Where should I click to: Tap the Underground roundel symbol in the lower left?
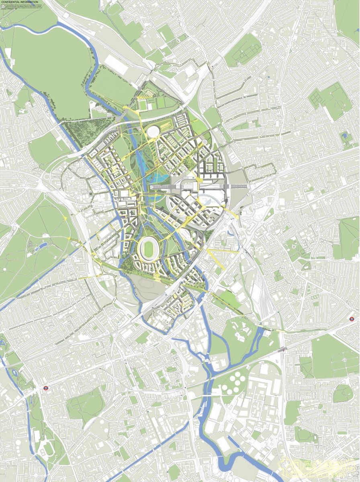(46, 388)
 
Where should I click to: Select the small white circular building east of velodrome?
(205, 142)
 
